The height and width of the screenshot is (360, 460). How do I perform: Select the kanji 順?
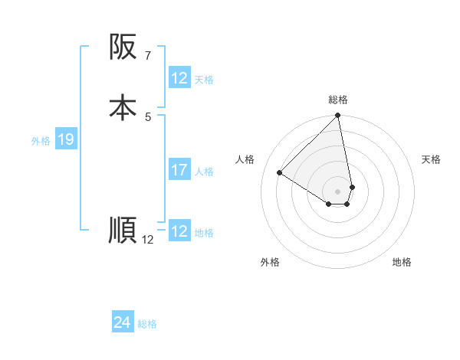(x=123, y=230)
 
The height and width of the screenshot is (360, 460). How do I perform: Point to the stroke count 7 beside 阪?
(x=147, y=55)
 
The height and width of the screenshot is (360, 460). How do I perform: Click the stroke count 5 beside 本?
(x=147, y=116)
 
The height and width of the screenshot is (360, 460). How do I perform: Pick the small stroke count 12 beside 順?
(x=148, y=239)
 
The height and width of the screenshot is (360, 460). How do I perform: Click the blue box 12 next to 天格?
(x=179, y=78)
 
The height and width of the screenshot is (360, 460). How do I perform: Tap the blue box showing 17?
(x=179, y=170)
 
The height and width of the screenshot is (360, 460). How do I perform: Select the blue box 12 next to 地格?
(x=179, y=231)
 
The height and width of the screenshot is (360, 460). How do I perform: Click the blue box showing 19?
(x=66, y=139)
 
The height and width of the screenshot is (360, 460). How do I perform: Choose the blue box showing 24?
(x=123, y=323)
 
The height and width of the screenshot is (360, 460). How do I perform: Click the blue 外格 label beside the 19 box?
(x=41, y=141)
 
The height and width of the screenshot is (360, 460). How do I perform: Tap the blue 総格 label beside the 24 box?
(x=147, y=325)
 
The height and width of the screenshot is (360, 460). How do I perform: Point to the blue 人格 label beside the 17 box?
(x=205, y=172)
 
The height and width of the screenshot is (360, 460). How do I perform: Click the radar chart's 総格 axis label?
(x=338, y=100)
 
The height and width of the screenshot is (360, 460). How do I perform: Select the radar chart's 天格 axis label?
(x=432, y=159)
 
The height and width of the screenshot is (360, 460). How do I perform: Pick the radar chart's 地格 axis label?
(x=402, y=262)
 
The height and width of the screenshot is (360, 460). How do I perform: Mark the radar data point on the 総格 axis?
(x=338, y=116)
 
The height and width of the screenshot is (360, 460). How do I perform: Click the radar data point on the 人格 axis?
(x=280, y=173)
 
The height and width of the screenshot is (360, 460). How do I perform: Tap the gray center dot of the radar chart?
(x=338, y=191)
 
